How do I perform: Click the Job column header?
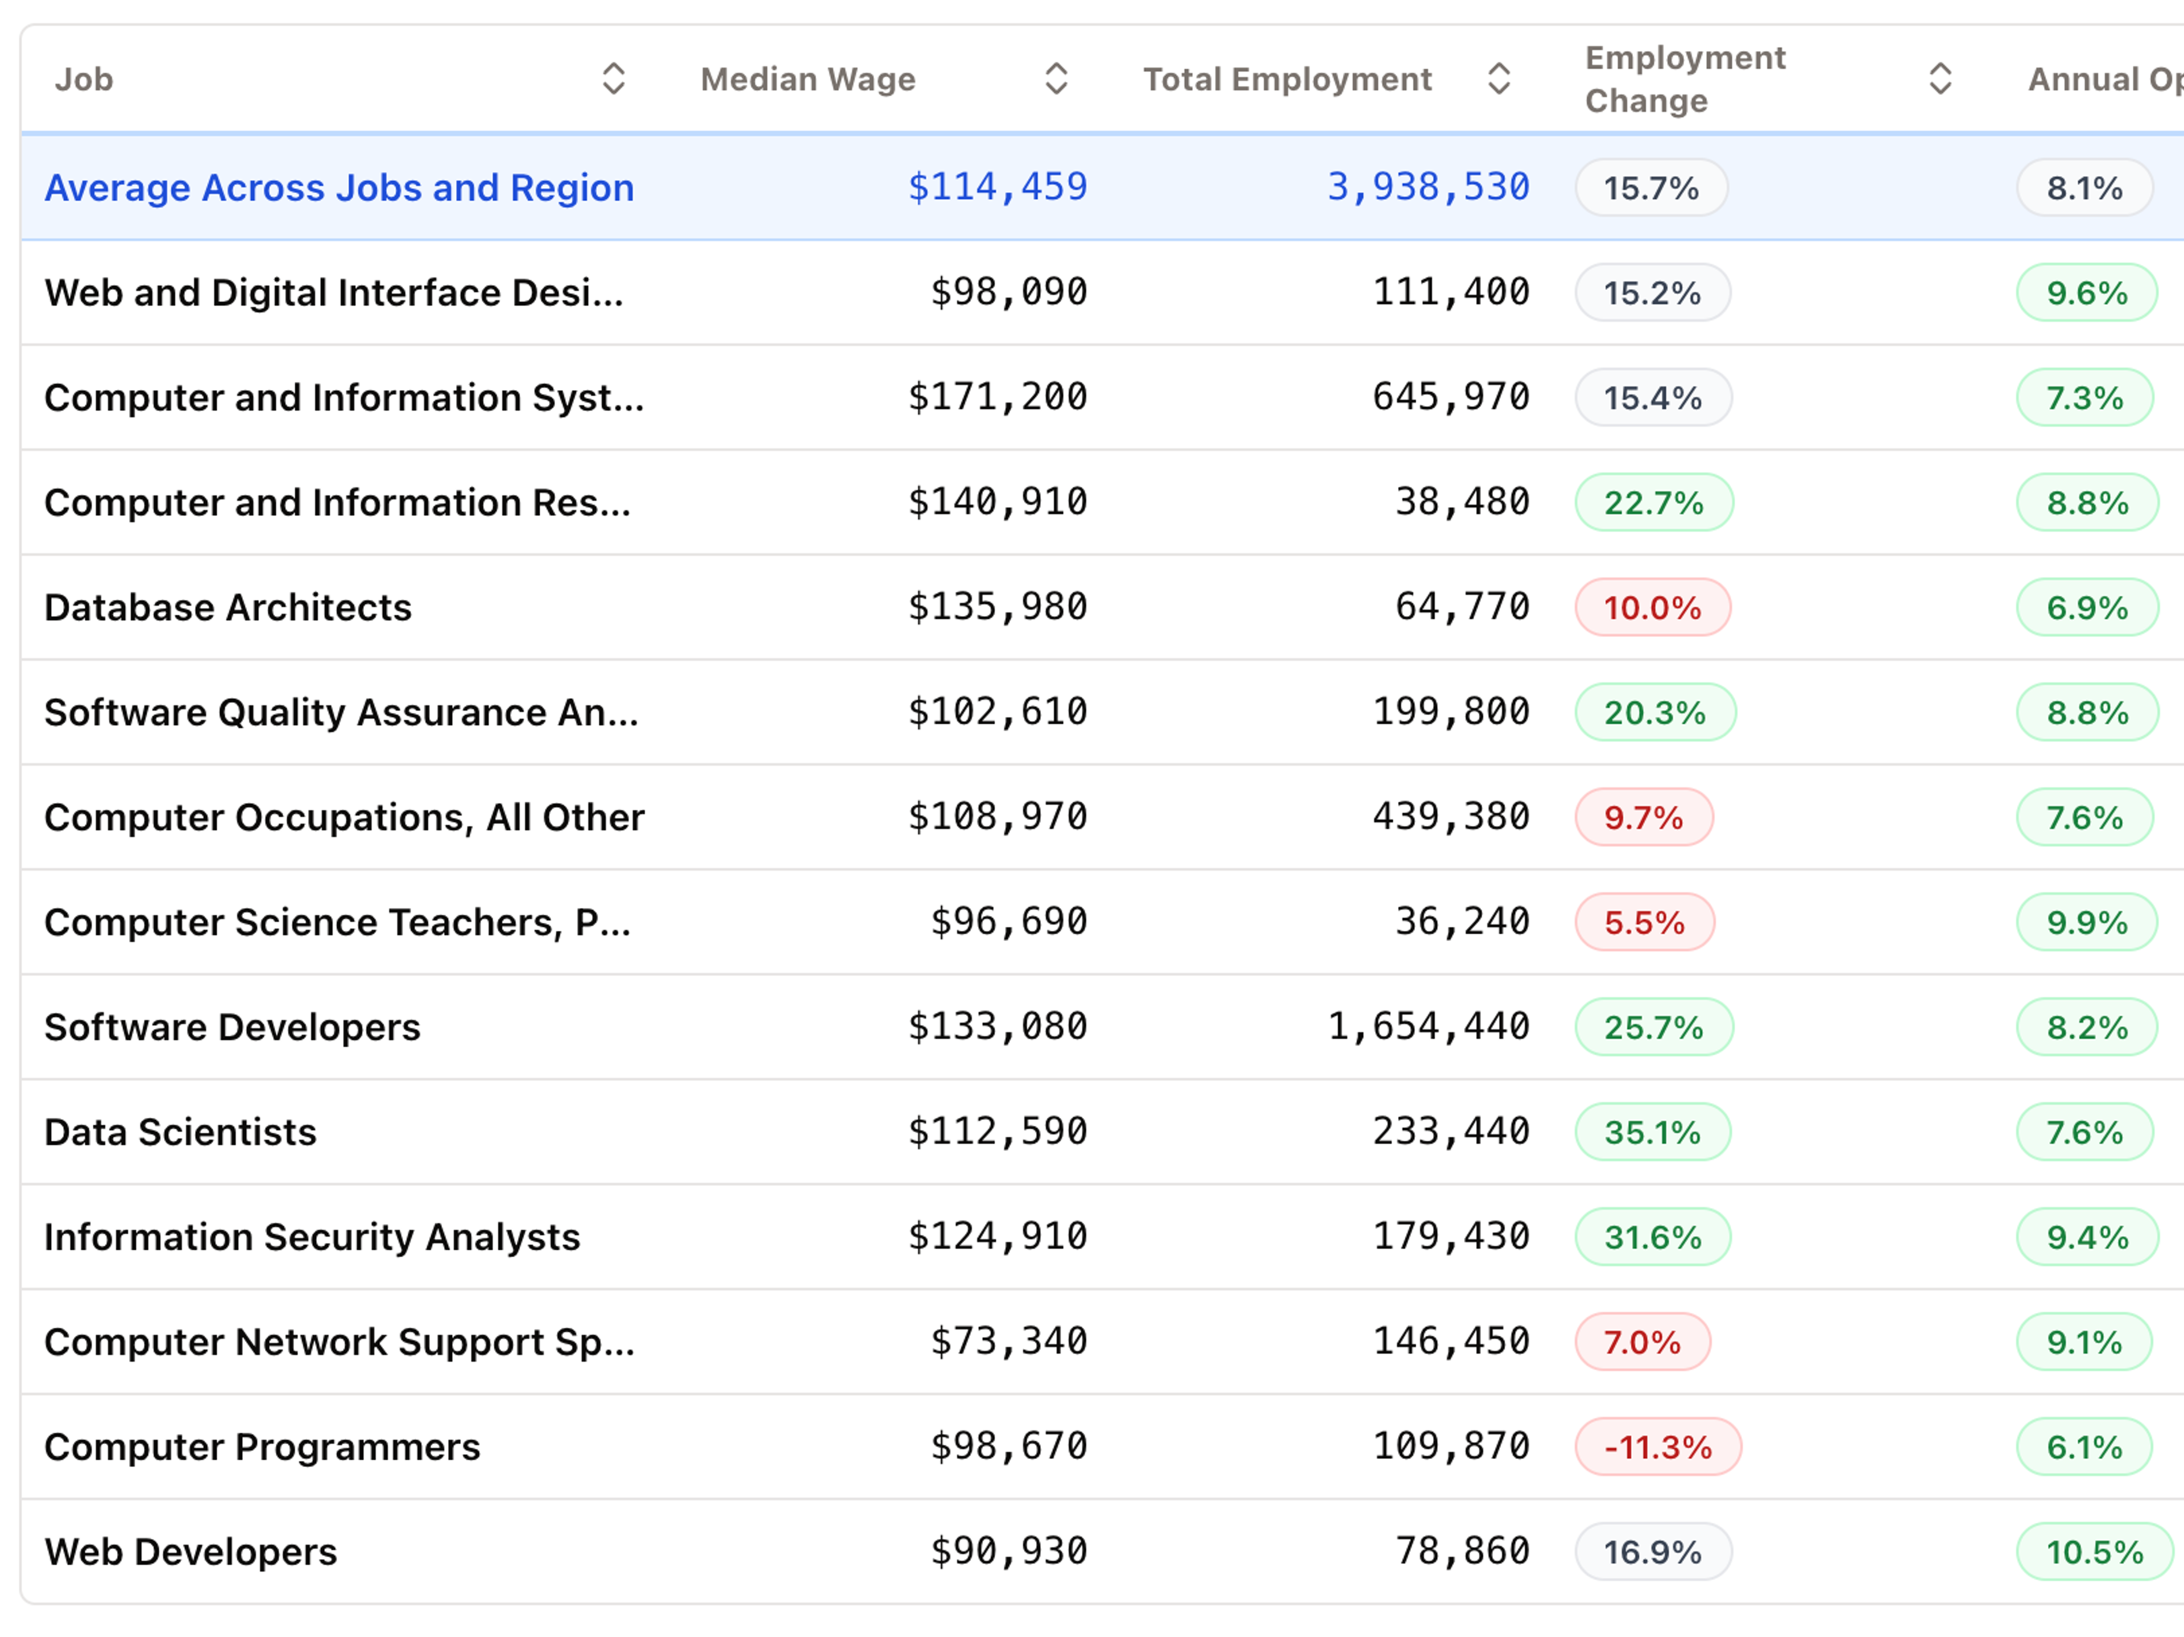pyautogui.click(x=84, y=79)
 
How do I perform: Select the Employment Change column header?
pyautogui.click(x=1685, y=79)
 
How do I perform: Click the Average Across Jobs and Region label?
pyautogui.click(x=338, y=188)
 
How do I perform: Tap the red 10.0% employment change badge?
pyautogui.click(x=1652, y=607)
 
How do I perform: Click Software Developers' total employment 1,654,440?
pyautogui.click(x=1428, y=1027)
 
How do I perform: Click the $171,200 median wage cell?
pyautogui.click(x=997, y=397)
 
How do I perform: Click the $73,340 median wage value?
pyautogui.click(x=1008, y=1341)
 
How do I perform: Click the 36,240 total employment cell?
pyautogui.click(x=1461, y=921)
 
